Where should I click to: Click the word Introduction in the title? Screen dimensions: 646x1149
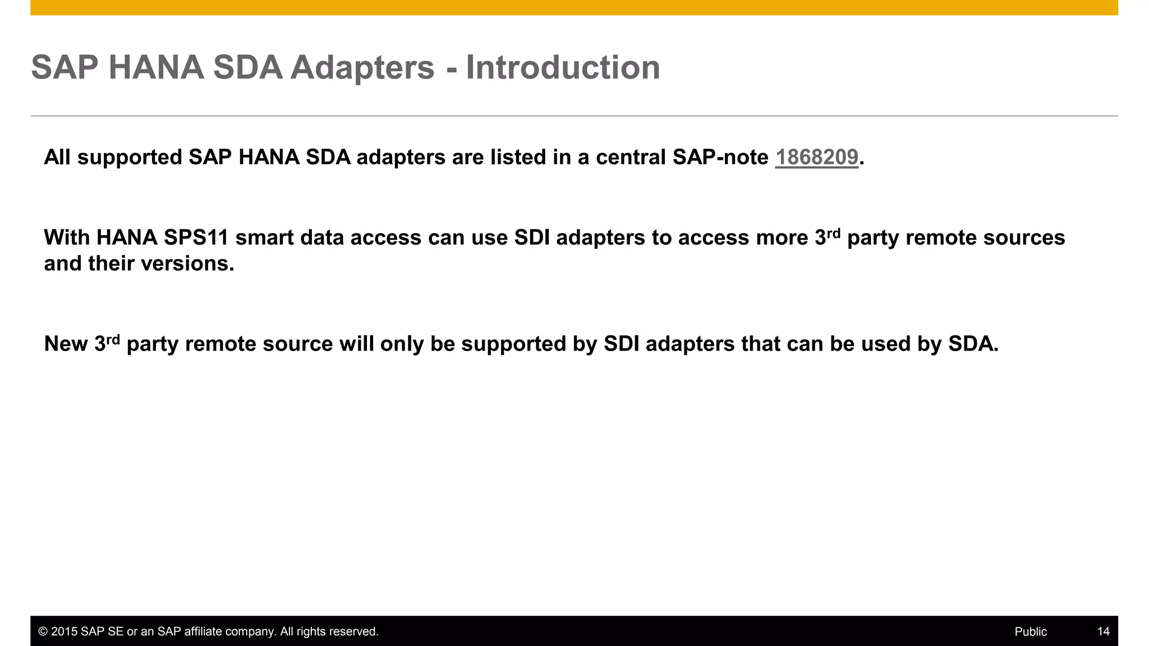563,68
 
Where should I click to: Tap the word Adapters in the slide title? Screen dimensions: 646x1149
362,68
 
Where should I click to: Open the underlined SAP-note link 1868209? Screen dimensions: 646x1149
816,158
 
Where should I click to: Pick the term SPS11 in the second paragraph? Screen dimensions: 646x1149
196,238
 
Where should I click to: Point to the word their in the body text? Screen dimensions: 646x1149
111,264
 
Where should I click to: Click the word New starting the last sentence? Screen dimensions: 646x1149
66,344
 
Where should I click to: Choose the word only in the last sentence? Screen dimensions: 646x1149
402,344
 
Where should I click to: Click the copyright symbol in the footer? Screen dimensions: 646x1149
43,632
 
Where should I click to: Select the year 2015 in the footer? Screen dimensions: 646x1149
64,632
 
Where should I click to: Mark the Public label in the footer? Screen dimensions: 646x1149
1031,632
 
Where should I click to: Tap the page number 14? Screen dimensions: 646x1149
1103,632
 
